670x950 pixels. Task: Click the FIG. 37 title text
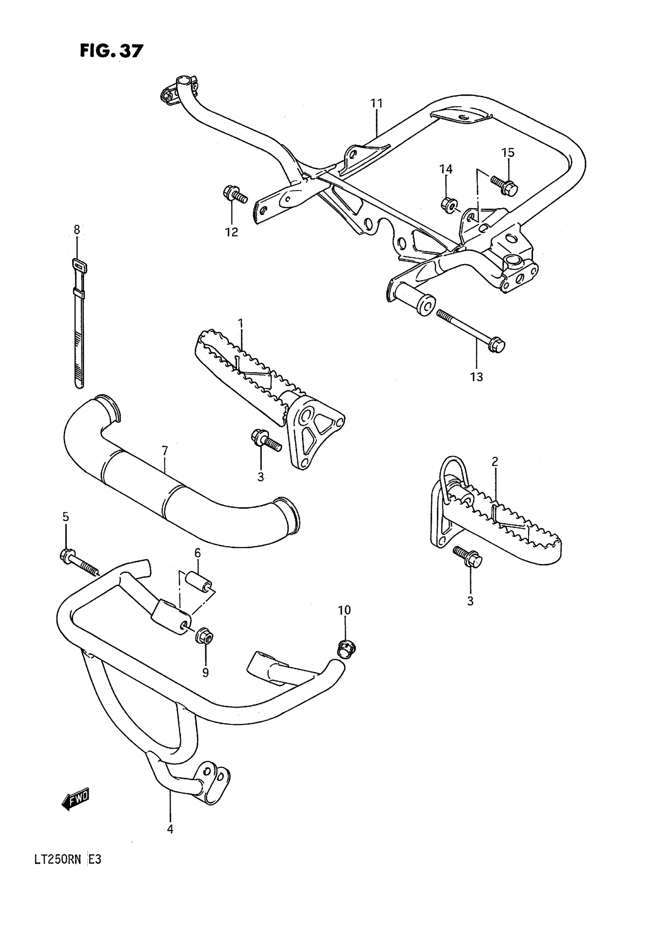click(x=111, y=51)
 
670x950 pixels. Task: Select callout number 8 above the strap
click(x=77, y=230)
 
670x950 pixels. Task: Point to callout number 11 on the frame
click(x=377, y=103)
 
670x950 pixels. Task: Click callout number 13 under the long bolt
click(x=476, y=377)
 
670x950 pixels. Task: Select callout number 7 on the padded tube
click(x=165, y=451)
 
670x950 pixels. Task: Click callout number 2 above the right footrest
click(x=495, y=462)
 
